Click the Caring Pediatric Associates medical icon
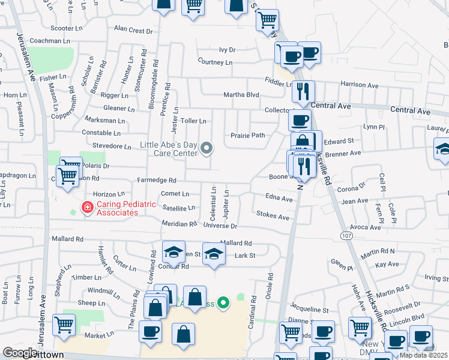click(x=87, y=208)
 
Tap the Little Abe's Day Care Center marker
click(x=207, y=148)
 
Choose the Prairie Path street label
click(x=248, y=136)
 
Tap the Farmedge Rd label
click(x=156, y=180)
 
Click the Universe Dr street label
click(x=221, y=226)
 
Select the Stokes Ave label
click(x=273, y=215)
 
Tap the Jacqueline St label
click(x=310, y=310)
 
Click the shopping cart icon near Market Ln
click(x=64, y=325)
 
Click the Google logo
click(x=20, y=353)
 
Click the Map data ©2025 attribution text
click(x=423, y=355)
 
